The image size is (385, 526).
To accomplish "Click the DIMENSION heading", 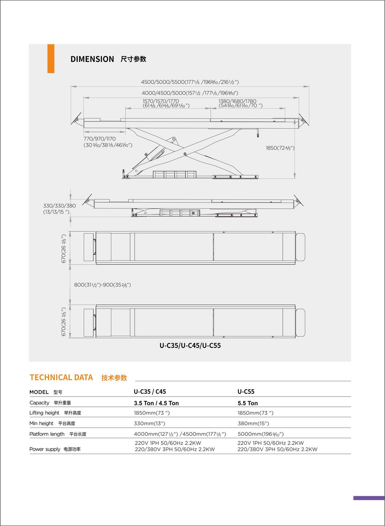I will [x=92, y=59].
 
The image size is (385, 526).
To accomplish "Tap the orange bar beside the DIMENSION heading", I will [x=51, y=59].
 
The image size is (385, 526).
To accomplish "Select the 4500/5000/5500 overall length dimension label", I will [x=190, y=82].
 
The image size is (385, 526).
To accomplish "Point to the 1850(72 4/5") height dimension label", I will [x=280, y=148].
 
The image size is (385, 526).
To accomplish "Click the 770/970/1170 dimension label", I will [x=100, y=139].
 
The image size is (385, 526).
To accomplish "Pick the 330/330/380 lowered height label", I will [x=60, y=206].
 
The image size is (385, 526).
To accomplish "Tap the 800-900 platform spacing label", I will [x=102, y=285].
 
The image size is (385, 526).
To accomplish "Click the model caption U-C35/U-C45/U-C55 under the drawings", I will [x=190, y=345].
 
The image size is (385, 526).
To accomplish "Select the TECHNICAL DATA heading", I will [x=61, y=377].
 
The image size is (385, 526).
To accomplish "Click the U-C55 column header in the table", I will [x=246, y=392].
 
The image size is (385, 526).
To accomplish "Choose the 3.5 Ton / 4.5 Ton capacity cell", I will [x=156, y=403].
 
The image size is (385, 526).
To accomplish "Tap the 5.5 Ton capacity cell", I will [x=248, y=403].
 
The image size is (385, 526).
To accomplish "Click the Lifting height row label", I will [x=44, y=413].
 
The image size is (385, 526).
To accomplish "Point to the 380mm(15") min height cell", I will [x=253, y=423].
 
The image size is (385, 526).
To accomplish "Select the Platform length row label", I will [x=47, y=434].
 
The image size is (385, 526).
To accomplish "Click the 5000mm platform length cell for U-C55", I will [x=260, y=434].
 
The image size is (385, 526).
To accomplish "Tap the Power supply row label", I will [x=45, y=449].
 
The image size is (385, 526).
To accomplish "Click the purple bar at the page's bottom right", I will [x=369, y=498].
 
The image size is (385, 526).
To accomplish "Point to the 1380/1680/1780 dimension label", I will [x=238, y=101].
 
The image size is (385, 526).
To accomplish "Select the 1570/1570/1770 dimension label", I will [x=161, y=101].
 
